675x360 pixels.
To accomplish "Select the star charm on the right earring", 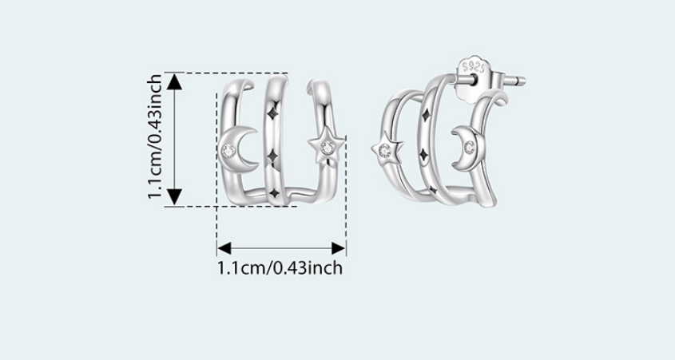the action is click(386, 150).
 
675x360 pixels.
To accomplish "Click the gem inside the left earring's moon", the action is click(228, 151).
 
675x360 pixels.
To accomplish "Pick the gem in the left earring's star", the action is click(328, 148).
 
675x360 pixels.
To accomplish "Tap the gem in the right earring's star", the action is click(384, 151).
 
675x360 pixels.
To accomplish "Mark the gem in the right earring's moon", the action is click(469, 148).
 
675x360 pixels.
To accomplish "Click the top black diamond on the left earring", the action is click(272, 114).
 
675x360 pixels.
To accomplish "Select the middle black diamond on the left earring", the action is click(272, 156).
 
